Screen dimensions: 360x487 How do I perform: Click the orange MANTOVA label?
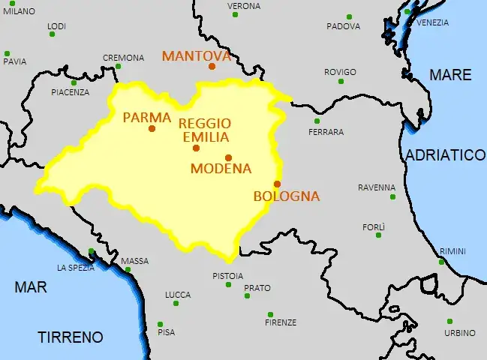[x=196, y=56]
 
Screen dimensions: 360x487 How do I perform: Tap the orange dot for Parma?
[x=152, y=128]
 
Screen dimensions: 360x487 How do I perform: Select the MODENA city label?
[x=221, y=169]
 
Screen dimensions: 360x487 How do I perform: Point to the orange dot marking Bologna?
[x=277, y=184]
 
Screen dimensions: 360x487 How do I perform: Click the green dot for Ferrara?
[x=317, y=121]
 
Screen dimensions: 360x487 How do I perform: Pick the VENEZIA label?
[x=432, y=22]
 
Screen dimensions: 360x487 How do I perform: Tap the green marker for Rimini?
[x=441, y=262]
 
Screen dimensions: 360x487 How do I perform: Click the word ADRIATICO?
[x=446, y=155]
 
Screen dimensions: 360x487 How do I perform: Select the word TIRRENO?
[x=71, y=337]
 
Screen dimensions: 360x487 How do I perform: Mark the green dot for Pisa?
[x=160, y=325]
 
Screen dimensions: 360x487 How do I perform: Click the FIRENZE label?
[x=281, y=322]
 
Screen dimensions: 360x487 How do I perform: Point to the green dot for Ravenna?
[x=392, y=196]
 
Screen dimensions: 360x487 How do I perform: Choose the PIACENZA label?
[x=70, y=92]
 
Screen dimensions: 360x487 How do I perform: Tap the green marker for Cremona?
[x=119, y=67]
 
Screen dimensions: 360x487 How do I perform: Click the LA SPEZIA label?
[x=76, y=268]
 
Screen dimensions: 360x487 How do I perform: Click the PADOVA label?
[x=343, y=27]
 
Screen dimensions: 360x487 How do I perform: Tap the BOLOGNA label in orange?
[x=287, y=196]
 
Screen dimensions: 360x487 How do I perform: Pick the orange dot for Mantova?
[x=212, y=66]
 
